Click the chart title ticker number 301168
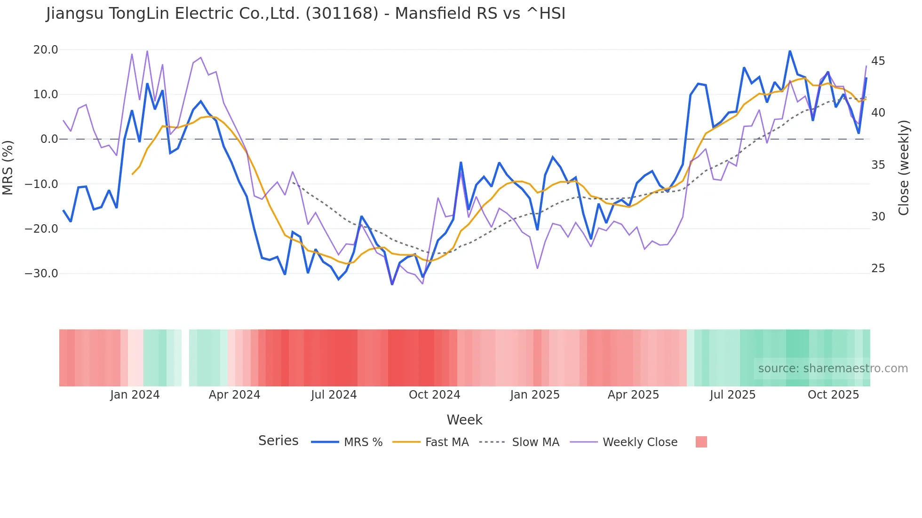[342, 14]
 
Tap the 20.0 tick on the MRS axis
[46, 50]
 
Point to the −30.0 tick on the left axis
[41, 274]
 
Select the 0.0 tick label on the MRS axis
[49, 139]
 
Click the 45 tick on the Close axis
[878, 61]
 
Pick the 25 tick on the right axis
[878, 268]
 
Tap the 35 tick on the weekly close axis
[878, 165]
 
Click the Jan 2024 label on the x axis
[135, 395]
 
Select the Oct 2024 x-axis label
[434, 395]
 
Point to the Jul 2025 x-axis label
[732, 395]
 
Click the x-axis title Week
[464, 420]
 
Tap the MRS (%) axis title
[8, 167]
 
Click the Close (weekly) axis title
[903, 168]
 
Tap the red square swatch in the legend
[701, 442]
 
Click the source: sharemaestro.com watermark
[833, 369]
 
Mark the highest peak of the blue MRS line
[790, 51]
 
